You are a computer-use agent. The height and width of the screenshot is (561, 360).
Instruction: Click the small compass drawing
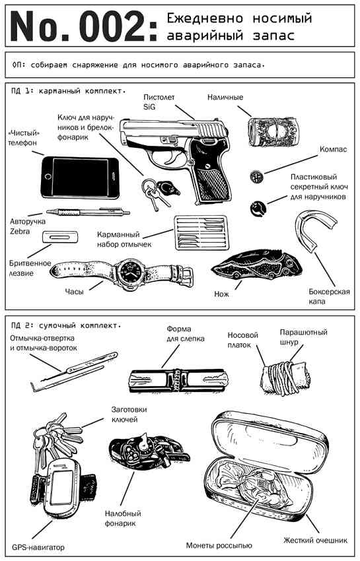[256, 177]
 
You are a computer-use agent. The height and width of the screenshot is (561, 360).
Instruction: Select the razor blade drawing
[59, 238]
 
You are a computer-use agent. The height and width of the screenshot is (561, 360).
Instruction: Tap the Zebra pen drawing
[92, 212]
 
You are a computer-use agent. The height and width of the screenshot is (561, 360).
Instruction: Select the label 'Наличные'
[225, 98]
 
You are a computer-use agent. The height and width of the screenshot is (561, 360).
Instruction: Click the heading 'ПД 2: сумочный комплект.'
[67, 325]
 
